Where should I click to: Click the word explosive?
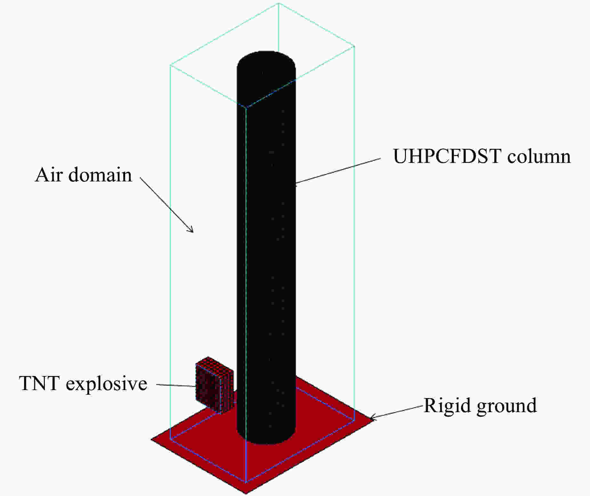pyautogui.click(x=107, y=384)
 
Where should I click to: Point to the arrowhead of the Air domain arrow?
pyautogui.click(x=191, y=230)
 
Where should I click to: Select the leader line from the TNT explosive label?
pyautogui.click(x=176, y=386)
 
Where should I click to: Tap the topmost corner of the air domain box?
pyautogui.click(x=279, y=3)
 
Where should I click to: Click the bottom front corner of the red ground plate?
pyautogui.click(x=246, y=493)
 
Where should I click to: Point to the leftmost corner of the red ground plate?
pyautogui.click(x=151, y=439)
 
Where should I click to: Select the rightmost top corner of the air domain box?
pyautogui.click(x=355, y=46)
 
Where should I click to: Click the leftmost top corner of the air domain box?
pyautogui.click(x=170, y=66)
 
